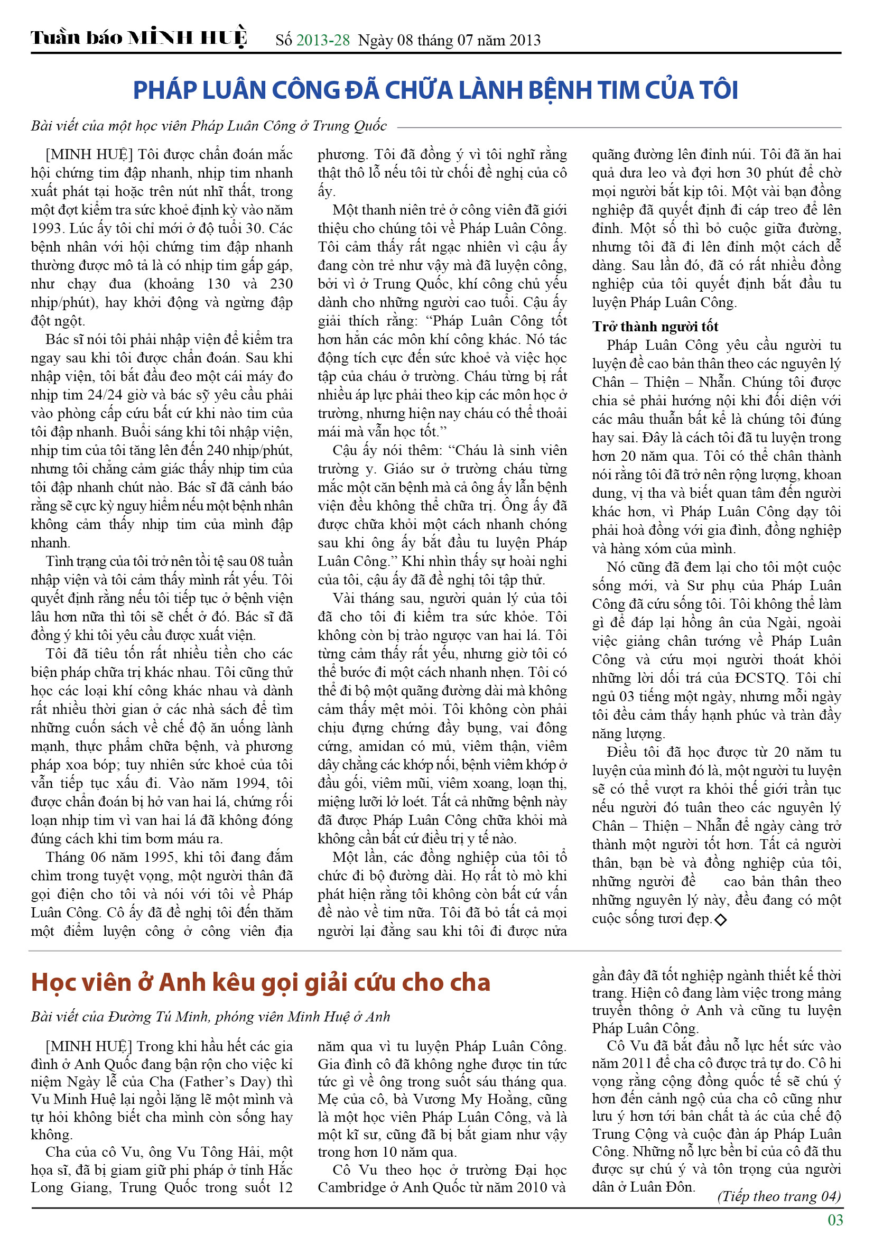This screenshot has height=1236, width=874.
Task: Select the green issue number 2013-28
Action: (x=323, y=40)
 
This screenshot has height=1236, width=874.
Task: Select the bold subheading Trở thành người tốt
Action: (x=655, y=327)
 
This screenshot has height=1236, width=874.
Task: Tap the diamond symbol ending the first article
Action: (x=720, y=919)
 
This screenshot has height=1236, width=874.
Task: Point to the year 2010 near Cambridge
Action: (x=522, y=1187)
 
